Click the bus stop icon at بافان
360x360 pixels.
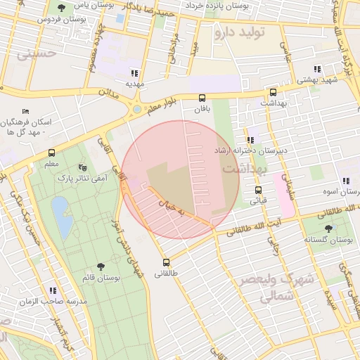pos(202,98)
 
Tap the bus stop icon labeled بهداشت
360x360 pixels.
pos(273,92)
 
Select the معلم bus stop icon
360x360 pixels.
pos(51,153)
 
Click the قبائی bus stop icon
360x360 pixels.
pos(258,190)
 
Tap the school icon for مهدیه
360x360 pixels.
pos(134,73)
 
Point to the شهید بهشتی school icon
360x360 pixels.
pos(318,69)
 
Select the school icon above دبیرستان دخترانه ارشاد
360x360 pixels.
pos(250,140)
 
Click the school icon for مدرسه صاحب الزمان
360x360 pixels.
pos(52,290)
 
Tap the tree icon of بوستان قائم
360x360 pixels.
pos(101,266)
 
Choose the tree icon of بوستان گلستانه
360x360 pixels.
pos(328,229)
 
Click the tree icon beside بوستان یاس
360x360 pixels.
pos(62,8)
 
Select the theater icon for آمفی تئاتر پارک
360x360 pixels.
pos(83,167)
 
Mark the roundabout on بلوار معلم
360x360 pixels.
pos(136,110)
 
